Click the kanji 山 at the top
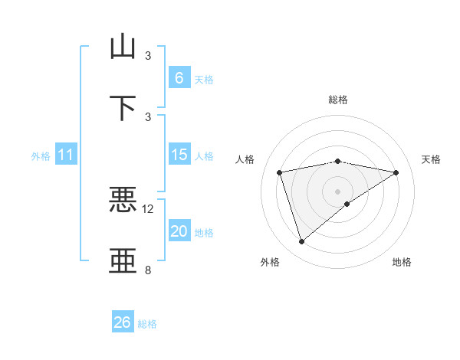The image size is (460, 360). pos(123,47)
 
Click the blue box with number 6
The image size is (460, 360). pos(179,78)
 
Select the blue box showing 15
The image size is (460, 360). pos(179,155)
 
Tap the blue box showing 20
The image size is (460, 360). pos(179,231)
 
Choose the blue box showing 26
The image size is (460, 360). pos(123,322)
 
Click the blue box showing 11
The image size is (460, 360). pos(66,155)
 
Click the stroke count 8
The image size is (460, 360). pos(148,270)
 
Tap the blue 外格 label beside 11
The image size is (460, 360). pos(41,156)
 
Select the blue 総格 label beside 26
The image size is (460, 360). pos(147,324)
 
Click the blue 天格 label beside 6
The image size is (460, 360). pos(203,80)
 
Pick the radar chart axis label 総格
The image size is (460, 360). pos(338,100)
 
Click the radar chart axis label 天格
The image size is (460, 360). pos(431,159)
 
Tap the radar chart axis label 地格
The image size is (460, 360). pos(402,262)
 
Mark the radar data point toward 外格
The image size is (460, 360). pos(301,242)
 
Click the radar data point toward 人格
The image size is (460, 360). pos(280,172)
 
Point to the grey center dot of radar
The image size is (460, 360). pos(338,191)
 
